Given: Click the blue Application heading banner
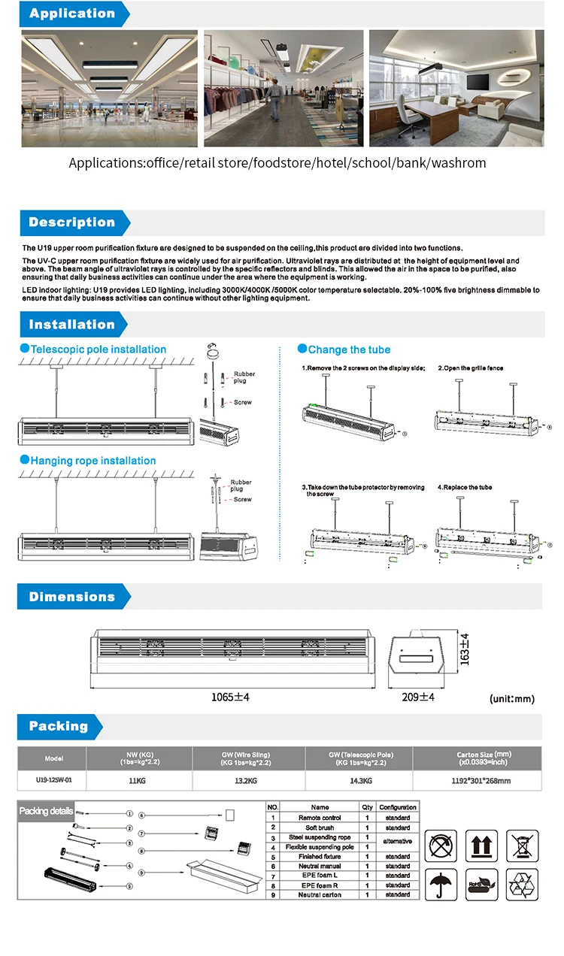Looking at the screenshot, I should pos(72,14).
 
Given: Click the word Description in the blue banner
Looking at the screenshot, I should pos(72,222).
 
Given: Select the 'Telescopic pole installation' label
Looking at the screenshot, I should pos(98,349).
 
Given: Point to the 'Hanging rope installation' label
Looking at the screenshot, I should pos(92,461).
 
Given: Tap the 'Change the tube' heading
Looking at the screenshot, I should pos(349,349).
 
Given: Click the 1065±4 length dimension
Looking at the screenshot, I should pos(229,697).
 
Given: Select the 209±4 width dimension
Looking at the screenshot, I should pos(418,697).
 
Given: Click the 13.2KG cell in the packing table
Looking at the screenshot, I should pos(248,781).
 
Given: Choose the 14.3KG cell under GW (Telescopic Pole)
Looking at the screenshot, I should pos(359,781).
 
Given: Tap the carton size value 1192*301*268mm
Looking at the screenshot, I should pos(477,781).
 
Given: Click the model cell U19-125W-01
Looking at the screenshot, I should pos(53,780).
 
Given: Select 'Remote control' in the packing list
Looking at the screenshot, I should pos(320,817).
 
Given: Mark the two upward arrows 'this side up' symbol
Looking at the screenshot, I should pos(482,846).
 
